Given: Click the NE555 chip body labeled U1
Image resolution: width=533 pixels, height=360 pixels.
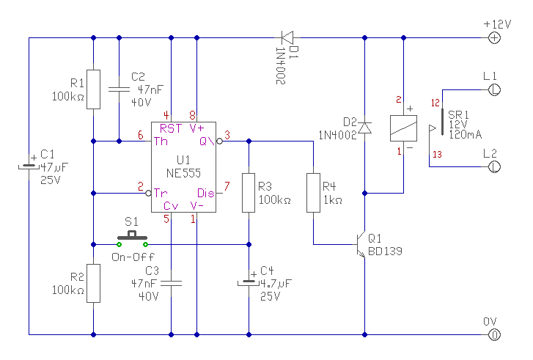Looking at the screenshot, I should point(183,167).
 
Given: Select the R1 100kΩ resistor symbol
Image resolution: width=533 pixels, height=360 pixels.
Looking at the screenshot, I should point(93,89).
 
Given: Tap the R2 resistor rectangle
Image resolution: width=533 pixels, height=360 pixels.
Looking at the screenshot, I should point(93,283).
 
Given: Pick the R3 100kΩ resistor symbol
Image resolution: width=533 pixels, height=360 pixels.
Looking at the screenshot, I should point(249,192).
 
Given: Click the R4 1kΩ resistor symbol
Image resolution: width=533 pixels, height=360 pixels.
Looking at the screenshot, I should point(313,192).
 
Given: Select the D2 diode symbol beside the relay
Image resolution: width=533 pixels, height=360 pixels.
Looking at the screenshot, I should point(364,128).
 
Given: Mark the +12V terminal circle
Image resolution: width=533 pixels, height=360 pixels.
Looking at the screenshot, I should point(495,37).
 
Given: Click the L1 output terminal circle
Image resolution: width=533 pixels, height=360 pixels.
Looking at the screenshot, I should point(495,89).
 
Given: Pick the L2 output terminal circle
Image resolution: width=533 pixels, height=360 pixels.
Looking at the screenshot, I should point(495,166).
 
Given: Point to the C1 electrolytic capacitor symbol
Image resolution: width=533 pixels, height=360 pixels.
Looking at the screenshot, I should point(29,166).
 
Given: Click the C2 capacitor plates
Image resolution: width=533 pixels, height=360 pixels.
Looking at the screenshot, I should point(119,89).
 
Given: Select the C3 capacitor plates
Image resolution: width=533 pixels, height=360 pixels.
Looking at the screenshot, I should point(171,282).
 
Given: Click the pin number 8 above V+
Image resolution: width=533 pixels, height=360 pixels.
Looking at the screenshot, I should point(193,115).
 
